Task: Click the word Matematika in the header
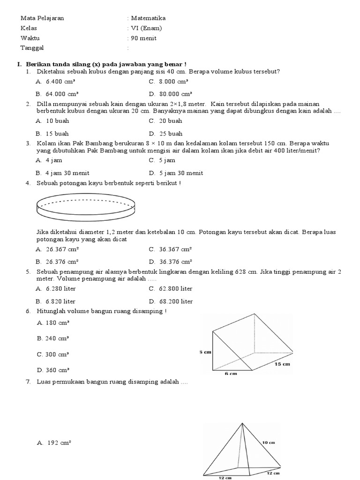pyautogui.click(x=149, y=18)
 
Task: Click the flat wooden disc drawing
pyautogui.click(x=85, y=207)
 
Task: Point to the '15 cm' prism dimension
pyautogui.click(x=283, y=364)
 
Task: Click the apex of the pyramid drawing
pyautogui.click(x=242, y=423)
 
